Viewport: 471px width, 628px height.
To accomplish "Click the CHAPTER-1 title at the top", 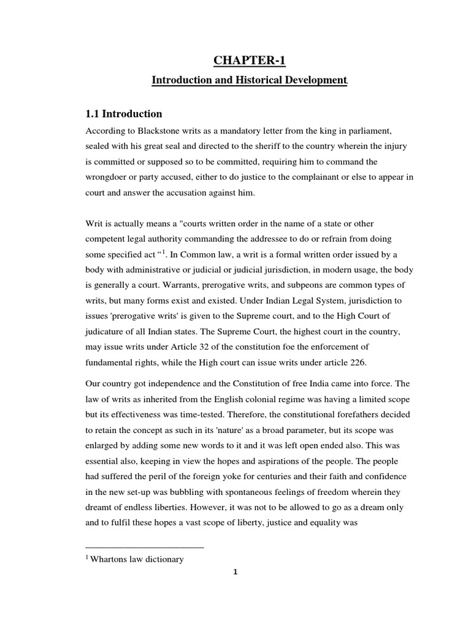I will pyautogui.click(x=250, y=60).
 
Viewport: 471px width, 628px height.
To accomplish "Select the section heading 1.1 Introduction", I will pyautogui.click(x=123, y=113).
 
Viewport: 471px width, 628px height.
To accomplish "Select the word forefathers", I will pyautogui.click(x=354, y=415).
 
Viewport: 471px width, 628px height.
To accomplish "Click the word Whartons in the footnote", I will pyautogui.click(x=110, y=559).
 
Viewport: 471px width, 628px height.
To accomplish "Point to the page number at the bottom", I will pyautogui.click(x=235, y=573).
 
